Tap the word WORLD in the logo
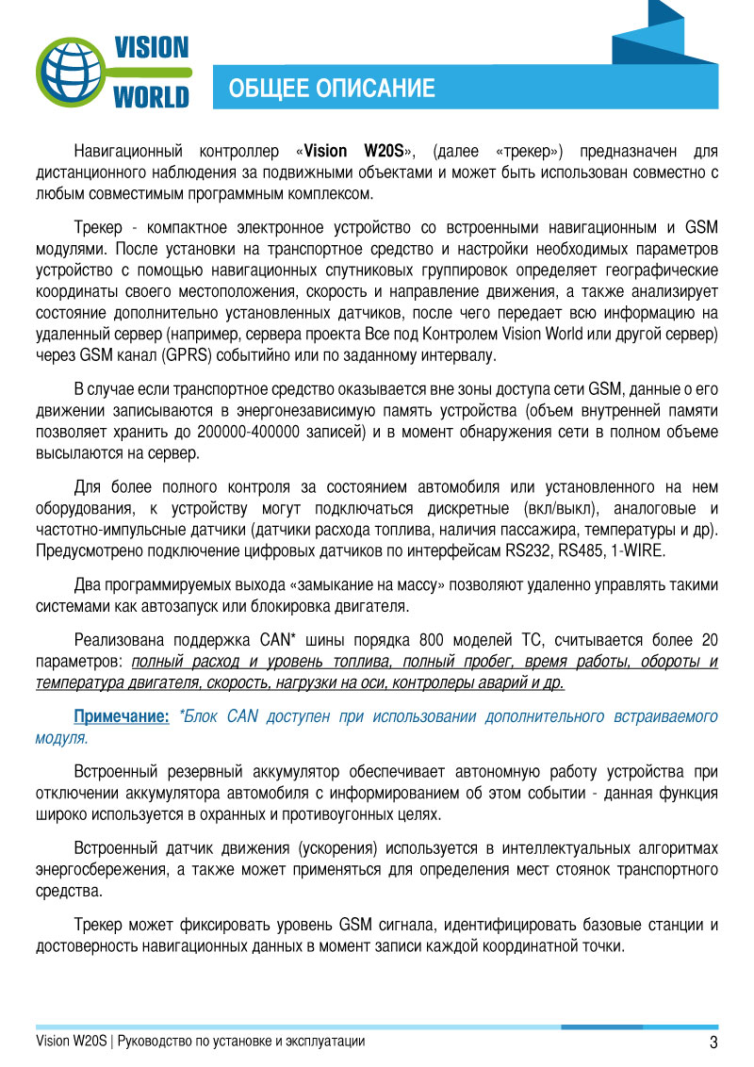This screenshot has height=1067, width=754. [151, 96]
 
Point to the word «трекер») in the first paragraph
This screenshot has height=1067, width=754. [529, 151]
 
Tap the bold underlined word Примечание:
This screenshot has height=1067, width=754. [122, 716]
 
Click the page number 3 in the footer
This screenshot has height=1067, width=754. [713, 1042]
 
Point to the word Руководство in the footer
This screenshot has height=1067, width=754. [156, 1042]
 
